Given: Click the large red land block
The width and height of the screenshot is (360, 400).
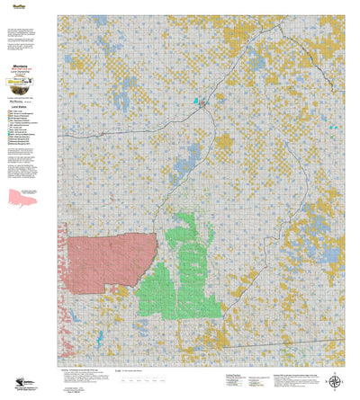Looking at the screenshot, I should [103, 260].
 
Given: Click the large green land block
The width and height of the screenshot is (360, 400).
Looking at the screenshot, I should [184, 270].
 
